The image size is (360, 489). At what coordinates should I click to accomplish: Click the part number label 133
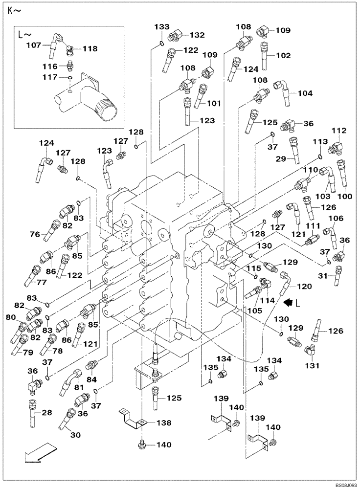161,27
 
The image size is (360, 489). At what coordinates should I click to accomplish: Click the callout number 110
311,169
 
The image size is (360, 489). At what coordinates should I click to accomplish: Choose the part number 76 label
35,234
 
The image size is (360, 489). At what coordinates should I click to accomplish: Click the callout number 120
303,287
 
